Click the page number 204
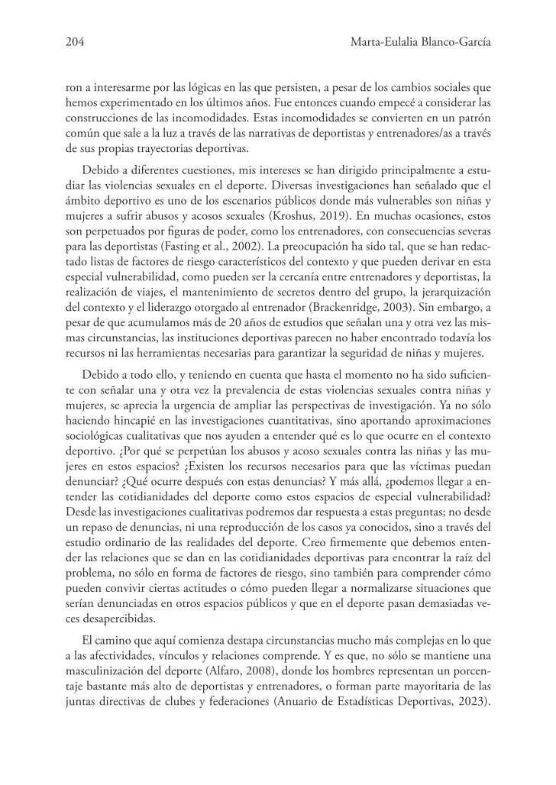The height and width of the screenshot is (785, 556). pyautogui.click(x=74, y=44)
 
